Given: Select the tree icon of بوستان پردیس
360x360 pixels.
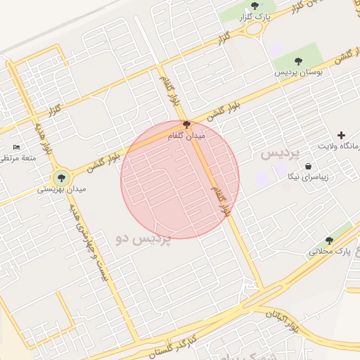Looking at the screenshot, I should (x=298, y=61).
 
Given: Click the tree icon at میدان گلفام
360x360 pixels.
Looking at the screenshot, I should (x=186, y=125).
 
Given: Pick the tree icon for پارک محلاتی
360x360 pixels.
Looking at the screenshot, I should (x=329, y=240).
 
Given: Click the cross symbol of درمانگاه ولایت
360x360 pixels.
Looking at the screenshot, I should (x=342, y=134).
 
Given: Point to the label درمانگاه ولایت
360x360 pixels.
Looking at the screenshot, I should (x=344, y=146).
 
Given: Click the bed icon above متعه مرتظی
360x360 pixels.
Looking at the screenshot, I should (x=17, y=147).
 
